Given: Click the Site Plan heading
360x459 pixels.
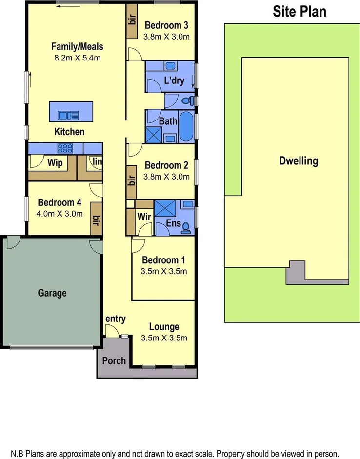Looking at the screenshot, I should (299, 11).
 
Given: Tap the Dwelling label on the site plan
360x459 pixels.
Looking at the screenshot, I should (299, 160).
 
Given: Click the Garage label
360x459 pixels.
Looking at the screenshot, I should (52, 293).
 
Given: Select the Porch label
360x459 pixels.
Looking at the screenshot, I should (114, 361).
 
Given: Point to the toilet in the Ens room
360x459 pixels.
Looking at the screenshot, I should (186, 226).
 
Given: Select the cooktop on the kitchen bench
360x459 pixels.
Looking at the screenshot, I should (64, 148).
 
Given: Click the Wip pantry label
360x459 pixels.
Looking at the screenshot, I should (55, 163).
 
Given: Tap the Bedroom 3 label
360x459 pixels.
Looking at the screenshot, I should (166, 25).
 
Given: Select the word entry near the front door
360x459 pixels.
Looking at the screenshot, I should (116, 319).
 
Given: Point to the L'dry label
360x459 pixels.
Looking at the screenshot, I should (174, 80).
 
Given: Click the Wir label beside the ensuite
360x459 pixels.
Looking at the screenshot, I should (143, 216).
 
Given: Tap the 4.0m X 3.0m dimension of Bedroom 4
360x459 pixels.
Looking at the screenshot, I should (60, 213).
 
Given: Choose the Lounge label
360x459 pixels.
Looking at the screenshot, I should (164, 327).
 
